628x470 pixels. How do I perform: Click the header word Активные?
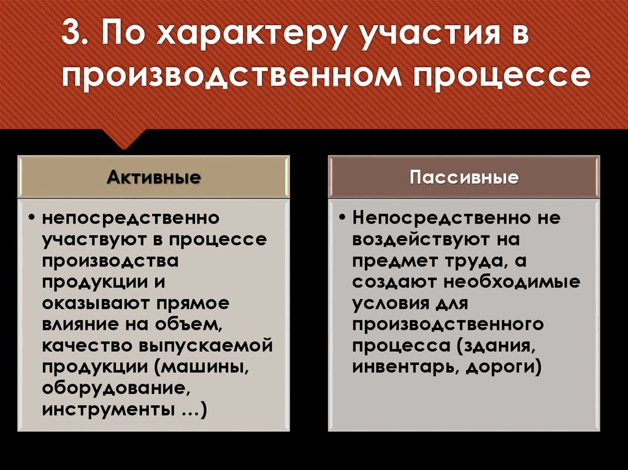tap(154, 178)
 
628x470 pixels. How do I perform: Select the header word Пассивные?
tap(464, 178)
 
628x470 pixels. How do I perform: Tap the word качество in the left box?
tap(88, 346)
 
